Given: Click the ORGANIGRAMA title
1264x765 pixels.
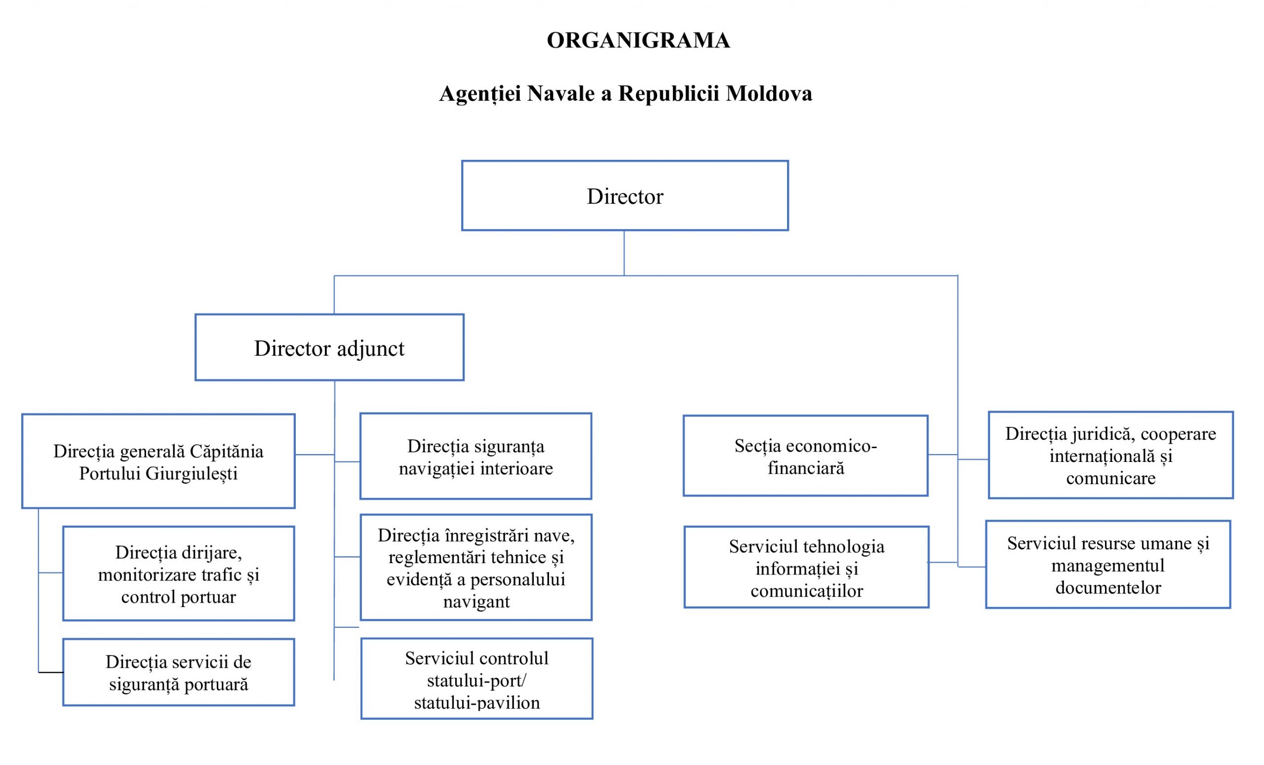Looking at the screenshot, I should pos(637,40).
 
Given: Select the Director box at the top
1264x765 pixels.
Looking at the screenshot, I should pos(624,196).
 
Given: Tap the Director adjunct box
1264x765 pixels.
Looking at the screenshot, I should pos(329,347).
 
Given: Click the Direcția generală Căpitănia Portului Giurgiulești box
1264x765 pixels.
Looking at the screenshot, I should pos(158,461).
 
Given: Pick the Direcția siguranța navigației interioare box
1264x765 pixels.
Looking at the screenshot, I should pos(475,457).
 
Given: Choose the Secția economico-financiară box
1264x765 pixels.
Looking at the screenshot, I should pos(805,456).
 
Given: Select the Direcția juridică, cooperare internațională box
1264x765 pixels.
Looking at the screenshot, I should pos(1110,456).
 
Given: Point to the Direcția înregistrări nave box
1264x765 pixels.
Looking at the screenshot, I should pos(475,568).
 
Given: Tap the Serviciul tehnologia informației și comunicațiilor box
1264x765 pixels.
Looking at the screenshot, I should pos(806,568).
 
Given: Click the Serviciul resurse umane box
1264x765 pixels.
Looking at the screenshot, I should pos(1107,565).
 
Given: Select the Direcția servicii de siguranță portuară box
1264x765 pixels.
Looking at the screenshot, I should pos(179,672).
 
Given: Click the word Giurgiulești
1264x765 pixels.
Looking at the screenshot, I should pos(192,473).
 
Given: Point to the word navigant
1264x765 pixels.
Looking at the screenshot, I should pos(476,602).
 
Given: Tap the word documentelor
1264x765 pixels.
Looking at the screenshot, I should pos(1107,588).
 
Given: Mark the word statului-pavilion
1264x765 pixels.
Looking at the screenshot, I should pos(476,702).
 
